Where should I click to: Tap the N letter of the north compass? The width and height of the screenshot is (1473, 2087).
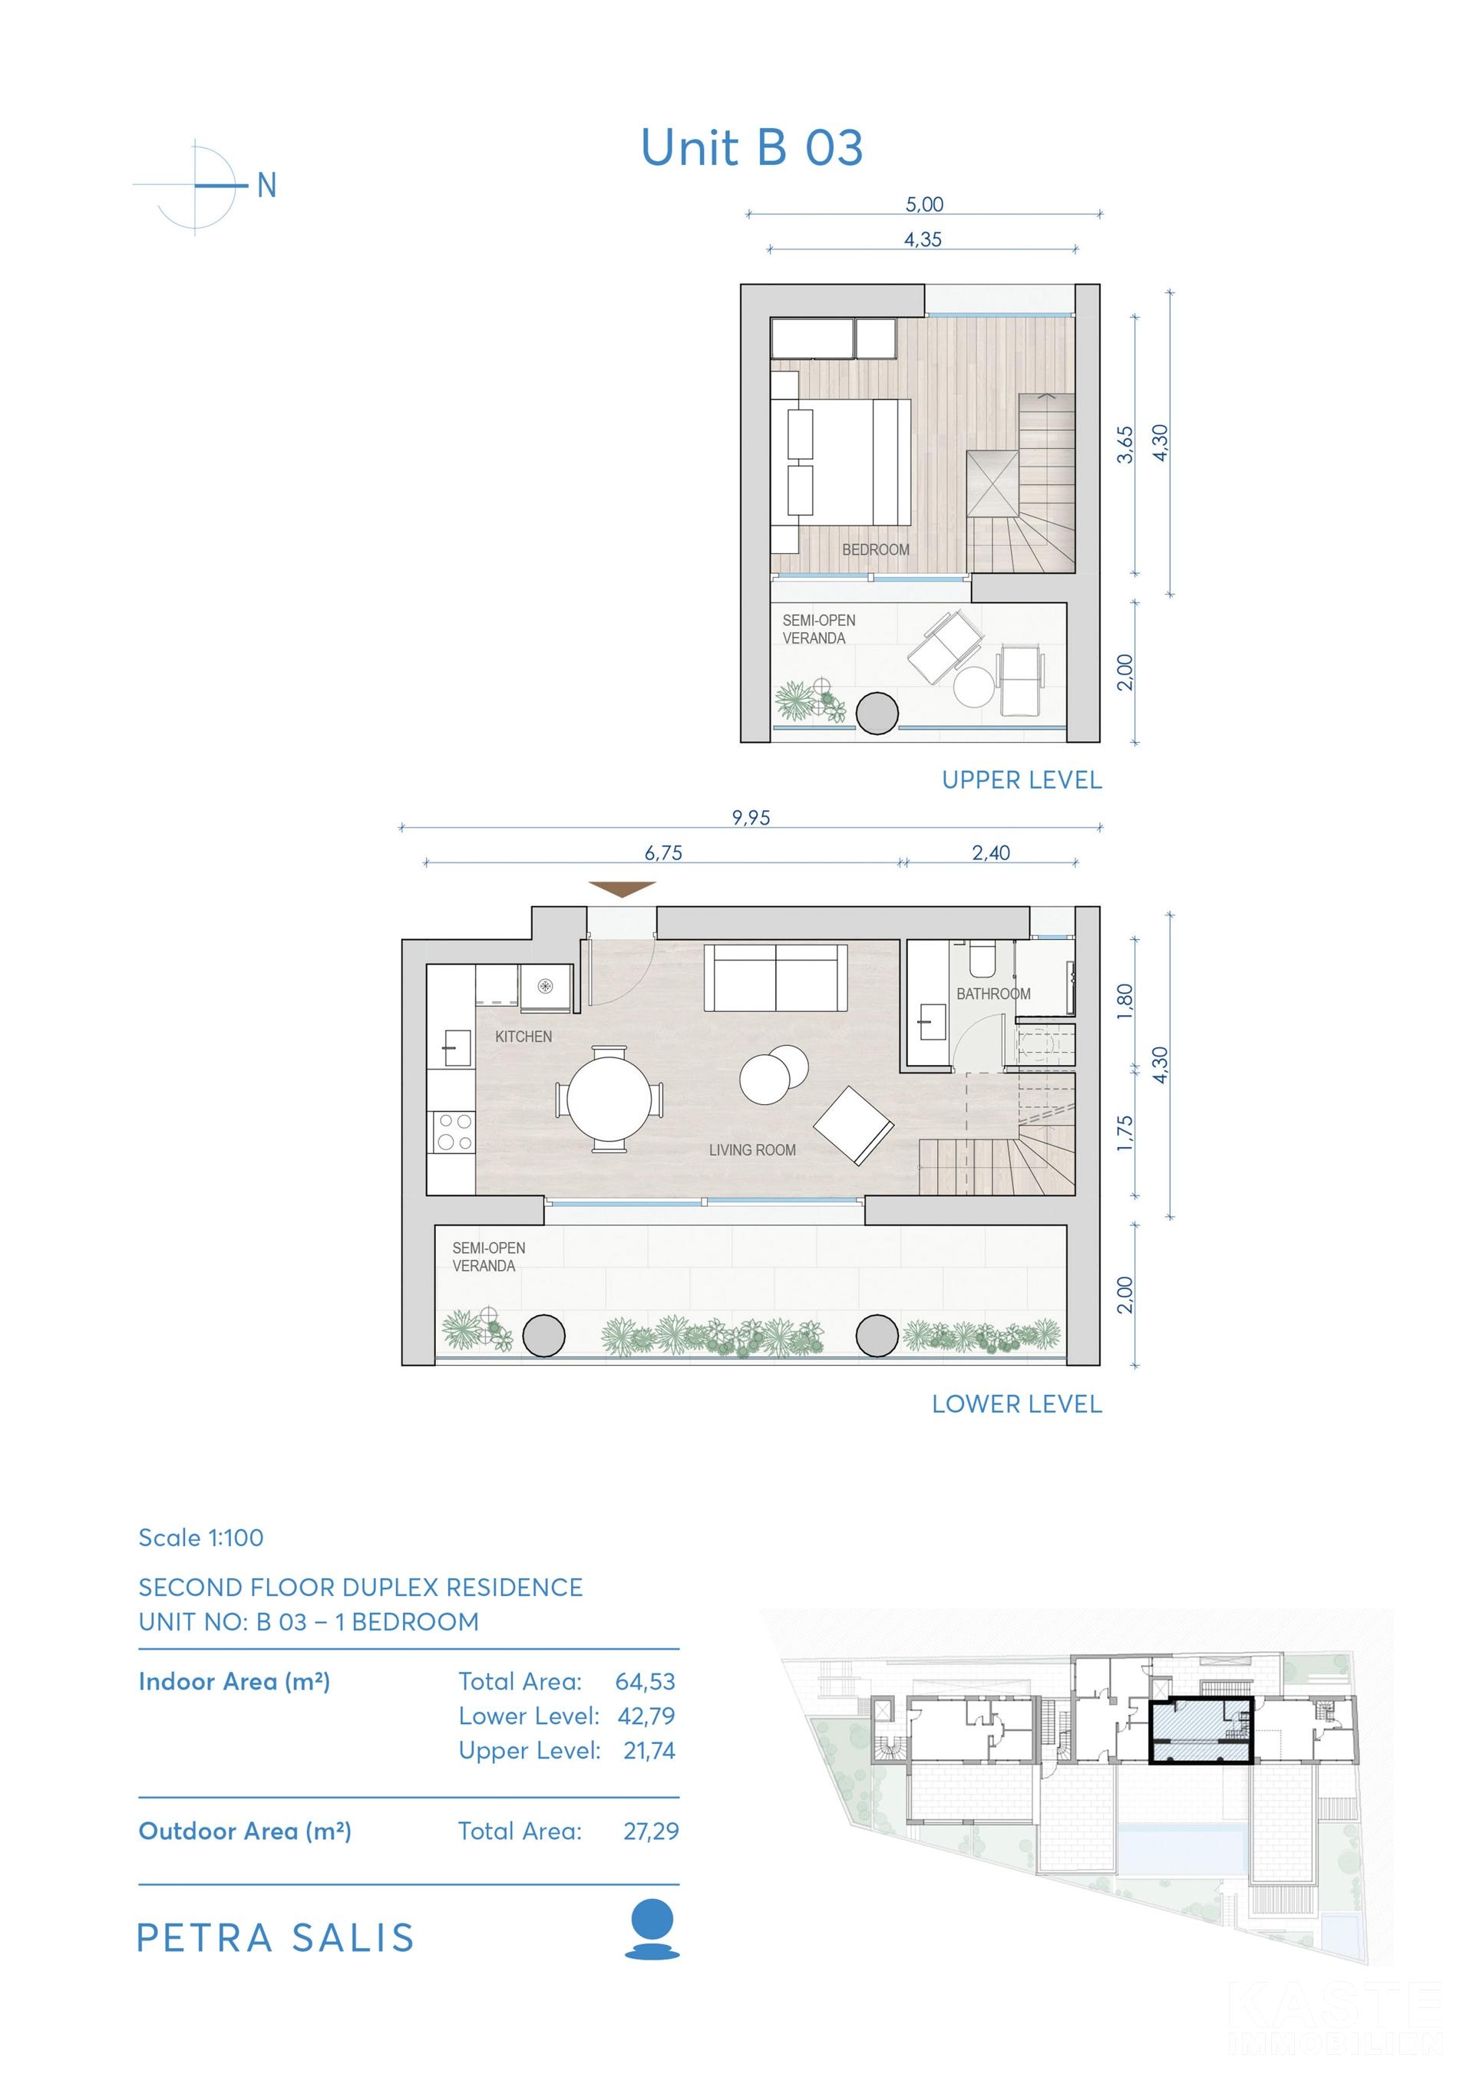pos(266,186)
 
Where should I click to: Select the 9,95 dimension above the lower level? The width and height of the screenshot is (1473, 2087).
pos(751,817)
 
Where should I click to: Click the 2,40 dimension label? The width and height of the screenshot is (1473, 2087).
pos(991,852)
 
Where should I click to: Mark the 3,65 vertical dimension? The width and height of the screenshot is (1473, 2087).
pos(1125,444)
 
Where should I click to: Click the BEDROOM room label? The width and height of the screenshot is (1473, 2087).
pos(876,550)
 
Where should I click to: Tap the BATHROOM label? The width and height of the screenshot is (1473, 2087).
pos(994,994)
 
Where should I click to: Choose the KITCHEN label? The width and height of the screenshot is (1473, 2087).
pos(523,1037)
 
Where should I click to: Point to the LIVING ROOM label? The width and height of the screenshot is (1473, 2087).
pos(752,1150)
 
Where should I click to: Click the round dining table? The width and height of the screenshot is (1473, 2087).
pos(609,1100)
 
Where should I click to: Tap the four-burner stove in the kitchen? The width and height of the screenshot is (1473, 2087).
pos(453,1133)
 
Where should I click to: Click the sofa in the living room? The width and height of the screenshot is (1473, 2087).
pos(775,978)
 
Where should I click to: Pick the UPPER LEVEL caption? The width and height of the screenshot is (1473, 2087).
pos(1022,780)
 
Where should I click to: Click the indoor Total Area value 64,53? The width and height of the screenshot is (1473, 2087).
pos(646,1682)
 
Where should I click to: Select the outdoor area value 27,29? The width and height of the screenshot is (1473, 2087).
pos(651,1831)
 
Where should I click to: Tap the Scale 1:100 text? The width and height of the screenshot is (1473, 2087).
pos(201,1537)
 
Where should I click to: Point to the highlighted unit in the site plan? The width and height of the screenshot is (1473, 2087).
pos(1201,1731)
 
